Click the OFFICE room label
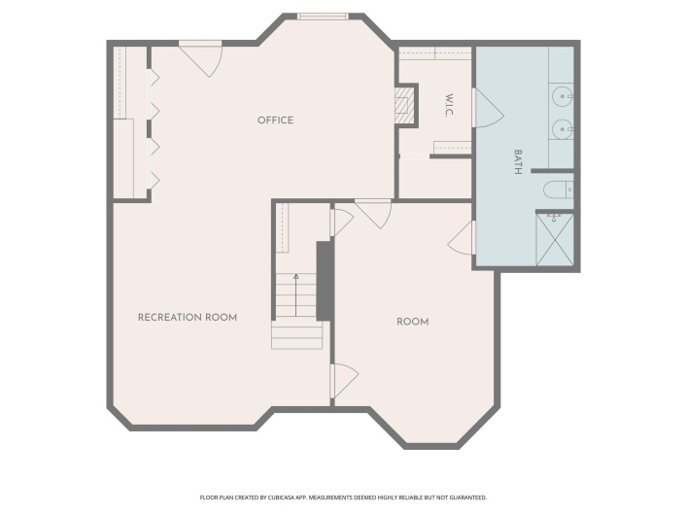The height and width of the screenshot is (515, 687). click(x=275, y=120)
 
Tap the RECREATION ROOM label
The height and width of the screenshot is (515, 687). click(x=188, y=318)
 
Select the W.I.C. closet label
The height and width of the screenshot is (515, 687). click(x=449, y=105)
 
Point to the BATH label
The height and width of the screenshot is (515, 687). click(x=518, y=162)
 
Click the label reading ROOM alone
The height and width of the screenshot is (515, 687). click(x=413, y=322)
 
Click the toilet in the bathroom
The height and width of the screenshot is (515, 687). click(x=558, y=190)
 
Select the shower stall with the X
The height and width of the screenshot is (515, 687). click(x=555, y=240)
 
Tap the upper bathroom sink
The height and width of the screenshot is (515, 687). click(x=562, y=96)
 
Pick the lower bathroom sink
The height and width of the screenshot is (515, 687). click(x=562, y=129)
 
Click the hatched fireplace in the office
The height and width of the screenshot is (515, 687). click(x=404, y=106)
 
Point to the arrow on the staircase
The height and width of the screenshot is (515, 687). click(x=296, y=295)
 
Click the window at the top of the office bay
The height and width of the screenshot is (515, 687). click(x=323, y=17)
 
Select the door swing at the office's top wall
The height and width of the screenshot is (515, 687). click(x=201, y=58)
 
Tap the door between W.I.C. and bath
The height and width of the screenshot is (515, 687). click(x=488, y=108)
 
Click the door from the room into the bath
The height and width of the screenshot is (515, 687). click(x=462, y=237)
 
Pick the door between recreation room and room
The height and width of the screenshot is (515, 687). click(x=344, y=381)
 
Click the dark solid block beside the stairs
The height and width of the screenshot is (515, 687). click(x=326, y=281)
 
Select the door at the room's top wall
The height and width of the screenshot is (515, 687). click(x=373, y=214)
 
